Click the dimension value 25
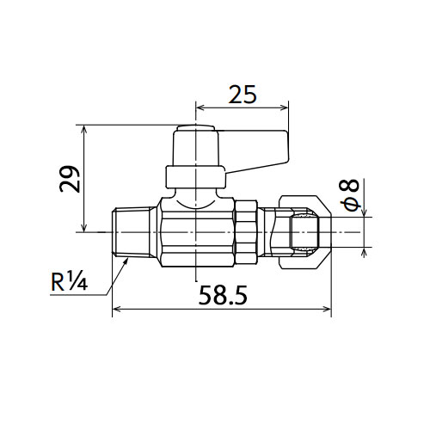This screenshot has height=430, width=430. point(243,95)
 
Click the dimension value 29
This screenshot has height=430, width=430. point(70,179)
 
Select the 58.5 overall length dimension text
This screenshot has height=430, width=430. point(223,295)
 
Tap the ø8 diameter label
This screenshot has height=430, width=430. point(349,195)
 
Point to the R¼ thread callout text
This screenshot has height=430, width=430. point(69,281)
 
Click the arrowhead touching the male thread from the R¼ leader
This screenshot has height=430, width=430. point(126,261)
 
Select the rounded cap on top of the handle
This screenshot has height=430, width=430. point(195,128)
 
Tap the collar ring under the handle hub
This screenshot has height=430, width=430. point(195,176)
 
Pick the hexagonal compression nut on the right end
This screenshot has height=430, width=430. point(305,232)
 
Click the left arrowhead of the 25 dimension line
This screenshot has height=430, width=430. point(200,107)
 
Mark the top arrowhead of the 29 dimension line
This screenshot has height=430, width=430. point(84,129)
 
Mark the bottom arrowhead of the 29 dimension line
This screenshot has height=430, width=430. point(84,228)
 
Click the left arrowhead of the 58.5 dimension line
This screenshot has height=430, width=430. point(116,309)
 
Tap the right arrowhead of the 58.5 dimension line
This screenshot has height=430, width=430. point(328,309)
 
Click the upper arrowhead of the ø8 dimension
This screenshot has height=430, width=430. point(364,213)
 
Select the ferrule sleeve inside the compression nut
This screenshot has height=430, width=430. point(304,232)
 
